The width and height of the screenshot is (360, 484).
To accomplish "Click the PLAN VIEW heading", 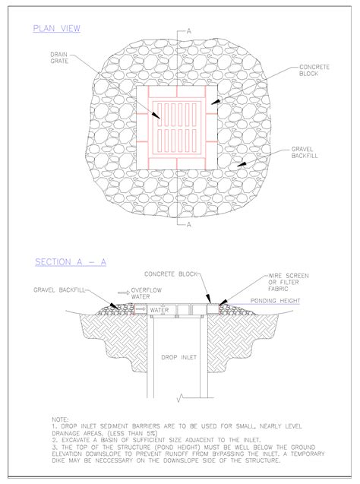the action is pos(56,28).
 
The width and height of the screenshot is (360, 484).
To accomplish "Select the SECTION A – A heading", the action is pos(71,262).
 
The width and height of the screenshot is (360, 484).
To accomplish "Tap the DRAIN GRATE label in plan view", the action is pos(59,58).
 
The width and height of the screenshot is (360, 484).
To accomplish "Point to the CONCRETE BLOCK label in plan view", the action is pos(314,70).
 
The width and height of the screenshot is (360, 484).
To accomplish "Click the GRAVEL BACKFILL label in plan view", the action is pos(305,153).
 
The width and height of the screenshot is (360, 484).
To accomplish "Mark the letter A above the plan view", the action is pos(189,31).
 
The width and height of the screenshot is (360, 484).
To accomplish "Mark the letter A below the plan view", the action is pos(189,224).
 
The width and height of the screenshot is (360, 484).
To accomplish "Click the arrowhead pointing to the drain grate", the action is pos(157,115).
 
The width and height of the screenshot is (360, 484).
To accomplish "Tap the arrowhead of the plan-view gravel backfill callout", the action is pos(242,164).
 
